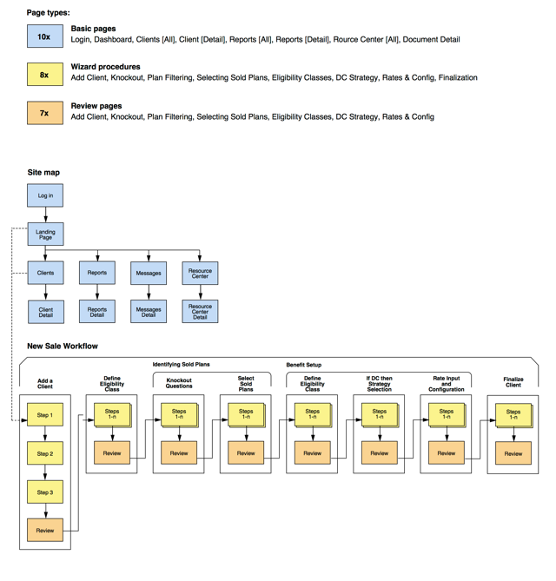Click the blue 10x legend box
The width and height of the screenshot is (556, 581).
(44, 36)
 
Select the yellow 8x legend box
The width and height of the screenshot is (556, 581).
(44, 75)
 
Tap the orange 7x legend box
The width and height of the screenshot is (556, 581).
(44, 113)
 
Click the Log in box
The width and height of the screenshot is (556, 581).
(45, 195)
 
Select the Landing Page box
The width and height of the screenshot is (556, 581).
(45, 234)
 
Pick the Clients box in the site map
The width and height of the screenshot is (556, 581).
(45, 273)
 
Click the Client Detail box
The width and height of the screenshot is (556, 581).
(45, 311)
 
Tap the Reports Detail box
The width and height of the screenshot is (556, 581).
(97, 311)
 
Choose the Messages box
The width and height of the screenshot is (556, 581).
(149, 273)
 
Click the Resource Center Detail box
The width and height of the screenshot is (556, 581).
(200, 311)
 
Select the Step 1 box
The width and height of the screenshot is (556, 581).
(45, 415)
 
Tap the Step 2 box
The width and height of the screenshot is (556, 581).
(45, 453)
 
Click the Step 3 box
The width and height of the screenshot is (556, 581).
(45, 492)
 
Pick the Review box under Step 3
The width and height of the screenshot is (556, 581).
(45, 531)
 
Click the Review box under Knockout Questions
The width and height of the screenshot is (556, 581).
(179, 453)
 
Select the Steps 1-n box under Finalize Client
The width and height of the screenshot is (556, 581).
(513, 415)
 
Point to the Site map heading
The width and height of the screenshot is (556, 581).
(43, 173)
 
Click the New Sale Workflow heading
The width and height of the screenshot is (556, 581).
(63, 346)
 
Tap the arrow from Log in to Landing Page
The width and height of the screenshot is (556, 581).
(45, 215)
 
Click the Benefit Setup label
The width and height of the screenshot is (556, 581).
(303, 365)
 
